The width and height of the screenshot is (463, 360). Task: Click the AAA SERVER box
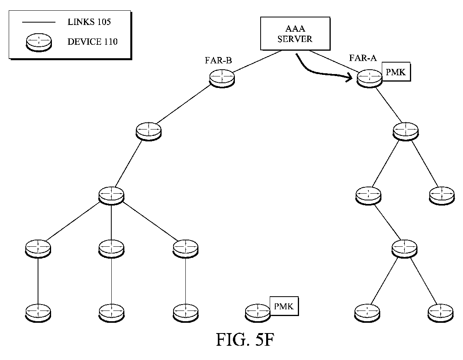tap(295, 33)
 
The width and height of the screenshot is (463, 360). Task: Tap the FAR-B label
tap(218, 61)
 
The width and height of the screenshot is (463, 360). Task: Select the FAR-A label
tap(363, 58)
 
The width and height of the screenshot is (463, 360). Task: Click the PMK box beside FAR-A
tap(396, 72)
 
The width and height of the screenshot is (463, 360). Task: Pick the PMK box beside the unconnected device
tap(284, 306)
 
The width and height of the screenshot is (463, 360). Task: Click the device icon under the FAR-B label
tap(222, 78)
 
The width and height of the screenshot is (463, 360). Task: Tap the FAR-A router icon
tap(369, 78)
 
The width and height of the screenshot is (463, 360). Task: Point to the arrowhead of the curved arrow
tap(350, 78)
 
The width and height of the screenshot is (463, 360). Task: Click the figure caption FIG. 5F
tap(246, 340)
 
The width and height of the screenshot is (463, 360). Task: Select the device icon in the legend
tap(39, 42)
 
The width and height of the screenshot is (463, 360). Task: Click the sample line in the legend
tap(39, 22)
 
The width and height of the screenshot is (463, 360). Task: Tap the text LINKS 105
tap(89, 22)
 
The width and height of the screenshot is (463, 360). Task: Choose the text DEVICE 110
tap(92, 42)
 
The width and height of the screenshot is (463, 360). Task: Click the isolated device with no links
tap(258, 313)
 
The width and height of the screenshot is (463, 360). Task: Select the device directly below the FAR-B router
tap(149, 131)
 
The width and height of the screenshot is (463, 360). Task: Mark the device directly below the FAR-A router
tap(406, 131)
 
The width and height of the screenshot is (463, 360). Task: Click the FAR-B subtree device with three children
tap(111, 195)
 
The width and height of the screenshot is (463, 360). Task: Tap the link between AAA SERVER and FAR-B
tap(257, 61)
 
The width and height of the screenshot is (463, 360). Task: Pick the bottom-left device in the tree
tap(38, 313)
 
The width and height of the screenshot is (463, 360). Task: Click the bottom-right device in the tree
tap(441, 313)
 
